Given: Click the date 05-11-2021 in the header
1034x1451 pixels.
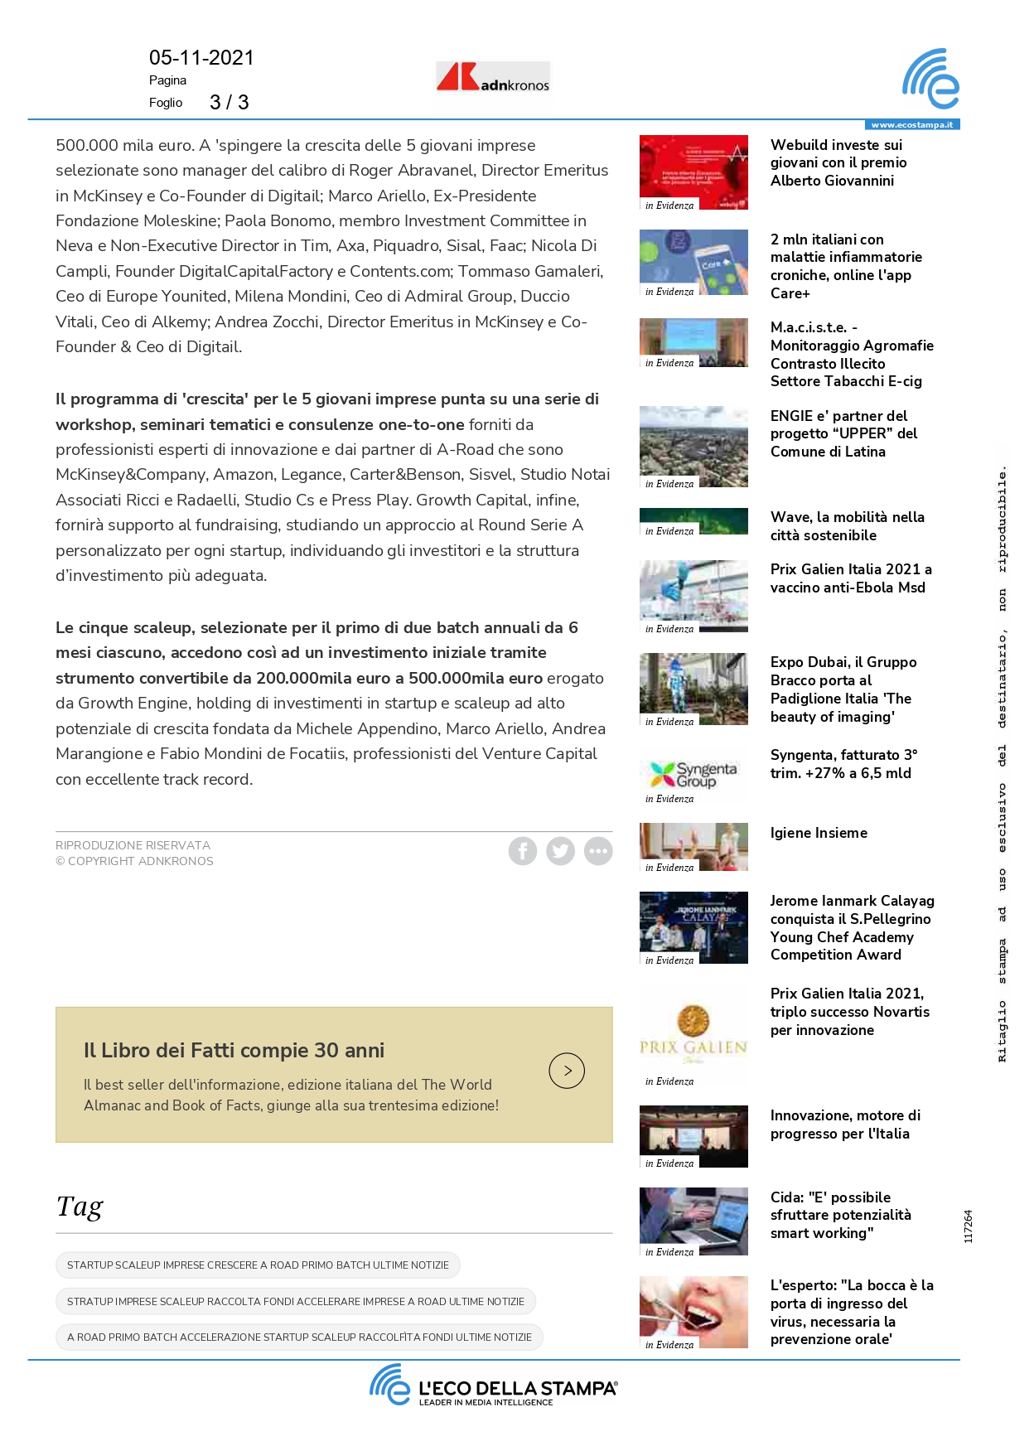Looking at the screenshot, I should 201,58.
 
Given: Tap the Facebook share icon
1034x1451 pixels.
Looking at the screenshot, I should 523,851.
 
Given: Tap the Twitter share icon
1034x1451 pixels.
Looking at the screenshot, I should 560,851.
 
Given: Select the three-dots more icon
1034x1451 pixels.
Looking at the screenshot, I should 598,851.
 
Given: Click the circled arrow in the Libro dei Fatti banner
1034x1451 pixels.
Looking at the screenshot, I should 567,1071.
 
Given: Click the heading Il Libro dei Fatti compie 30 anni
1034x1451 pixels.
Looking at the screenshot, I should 234,1051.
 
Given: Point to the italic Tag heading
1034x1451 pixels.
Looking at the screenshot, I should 80,1207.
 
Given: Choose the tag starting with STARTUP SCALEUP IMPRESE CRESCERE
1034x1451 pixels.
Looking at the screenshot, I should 258,1265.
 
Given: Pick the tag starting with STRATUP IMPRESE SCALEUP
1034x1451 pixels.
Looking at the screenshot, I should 296,1302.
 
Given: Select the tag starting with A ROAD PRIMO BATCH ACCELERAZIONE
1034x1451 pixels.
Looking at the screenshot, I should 299,1337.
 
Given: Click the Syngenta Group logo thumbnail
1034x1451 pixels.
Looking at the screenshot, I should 693,776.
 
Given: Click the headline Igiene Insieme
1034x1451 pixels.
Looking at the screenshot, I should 819,834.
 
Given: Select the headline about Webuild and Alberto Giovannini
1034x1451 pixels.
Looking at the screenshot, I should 838,163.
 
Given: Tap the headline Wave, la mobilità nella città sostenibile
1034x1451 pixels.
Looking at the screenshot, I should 847,526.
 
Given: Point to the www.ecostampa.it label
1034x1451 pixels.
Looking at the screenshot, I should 911,125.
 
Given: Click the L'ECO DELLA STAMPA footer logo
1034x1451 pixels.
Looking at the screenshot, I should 494,1386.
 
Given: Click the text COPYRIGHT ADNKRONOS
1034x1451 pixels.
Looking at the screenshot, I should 140,862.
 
